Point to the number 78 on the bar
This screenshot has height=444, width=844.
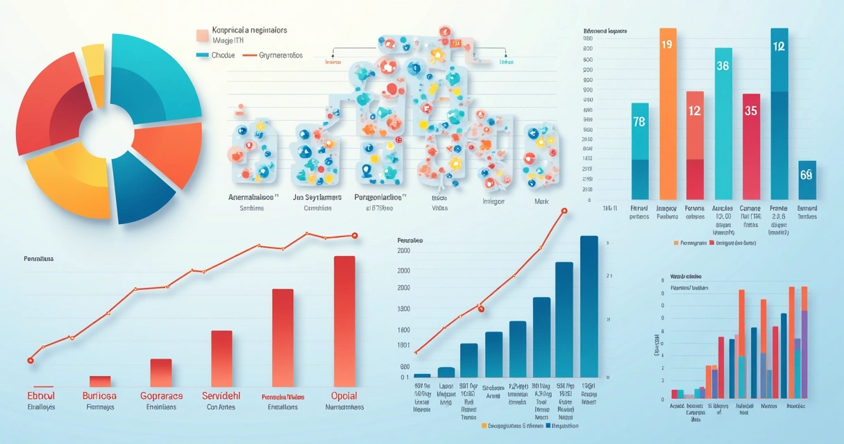[x=640, y=122]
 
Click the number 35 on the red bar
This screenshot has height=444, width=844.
[x=750, y=111]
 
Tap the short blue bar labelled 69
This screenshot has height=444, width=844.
[x=807, y=176]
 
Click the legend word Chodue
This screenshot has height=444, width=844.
[x=223, y=55]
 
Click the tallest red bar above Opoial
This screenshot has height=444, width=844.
[x=345, y=319]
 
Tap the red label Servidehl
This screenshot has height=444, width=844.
[x=221, y=395]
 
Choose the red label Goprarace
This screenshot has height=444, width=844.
[x=161, y=395]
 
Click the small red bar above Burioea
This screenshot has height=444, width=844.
[x=100, y=381]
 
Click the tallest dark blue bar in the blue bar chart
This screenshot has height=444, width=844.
[x=589, y=305]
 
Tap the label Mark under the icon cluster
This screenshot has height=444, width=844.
[x=542, y=202]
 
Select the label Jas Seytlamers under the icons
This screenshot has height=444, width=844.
[x=317, y=197]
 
